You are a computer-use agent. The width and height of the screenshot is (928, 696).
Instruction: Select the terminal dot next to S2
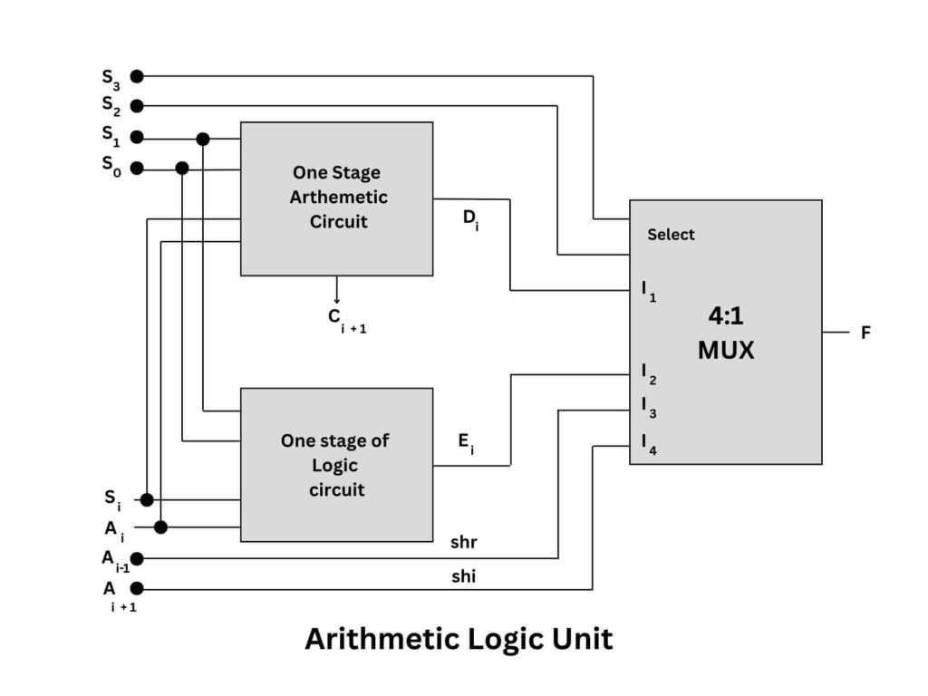[x=137, y=106]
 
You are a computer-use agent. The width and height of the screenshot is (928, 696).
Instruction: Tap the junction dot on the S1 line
[x=203, y=139]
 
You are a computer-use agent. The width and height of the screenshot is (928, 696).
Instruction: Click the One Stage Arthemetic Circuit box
[x=336, y=198]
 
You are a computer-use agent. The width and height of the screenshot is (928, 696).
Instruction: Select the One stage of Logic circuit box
[x=336, y=465]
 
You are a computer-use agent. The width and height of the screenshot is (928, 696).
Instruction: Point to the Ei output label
[x=465, y=443]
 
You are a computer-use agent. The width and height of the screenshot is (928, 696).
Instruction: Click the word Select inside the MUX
[x=671, y=235]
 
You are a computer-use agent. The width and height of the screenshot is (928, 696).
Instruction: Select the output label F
[x=865, y=333]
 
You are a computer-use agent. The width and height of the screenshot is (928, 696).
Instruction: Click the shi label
[x=463, y=576]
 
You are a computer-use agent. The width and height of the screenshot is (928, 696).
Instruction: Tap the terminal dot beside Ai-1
[x=137, y=558]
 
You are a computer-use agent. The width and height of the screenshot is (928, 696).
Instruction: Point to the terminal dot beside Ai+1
[x=137, y=589]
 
